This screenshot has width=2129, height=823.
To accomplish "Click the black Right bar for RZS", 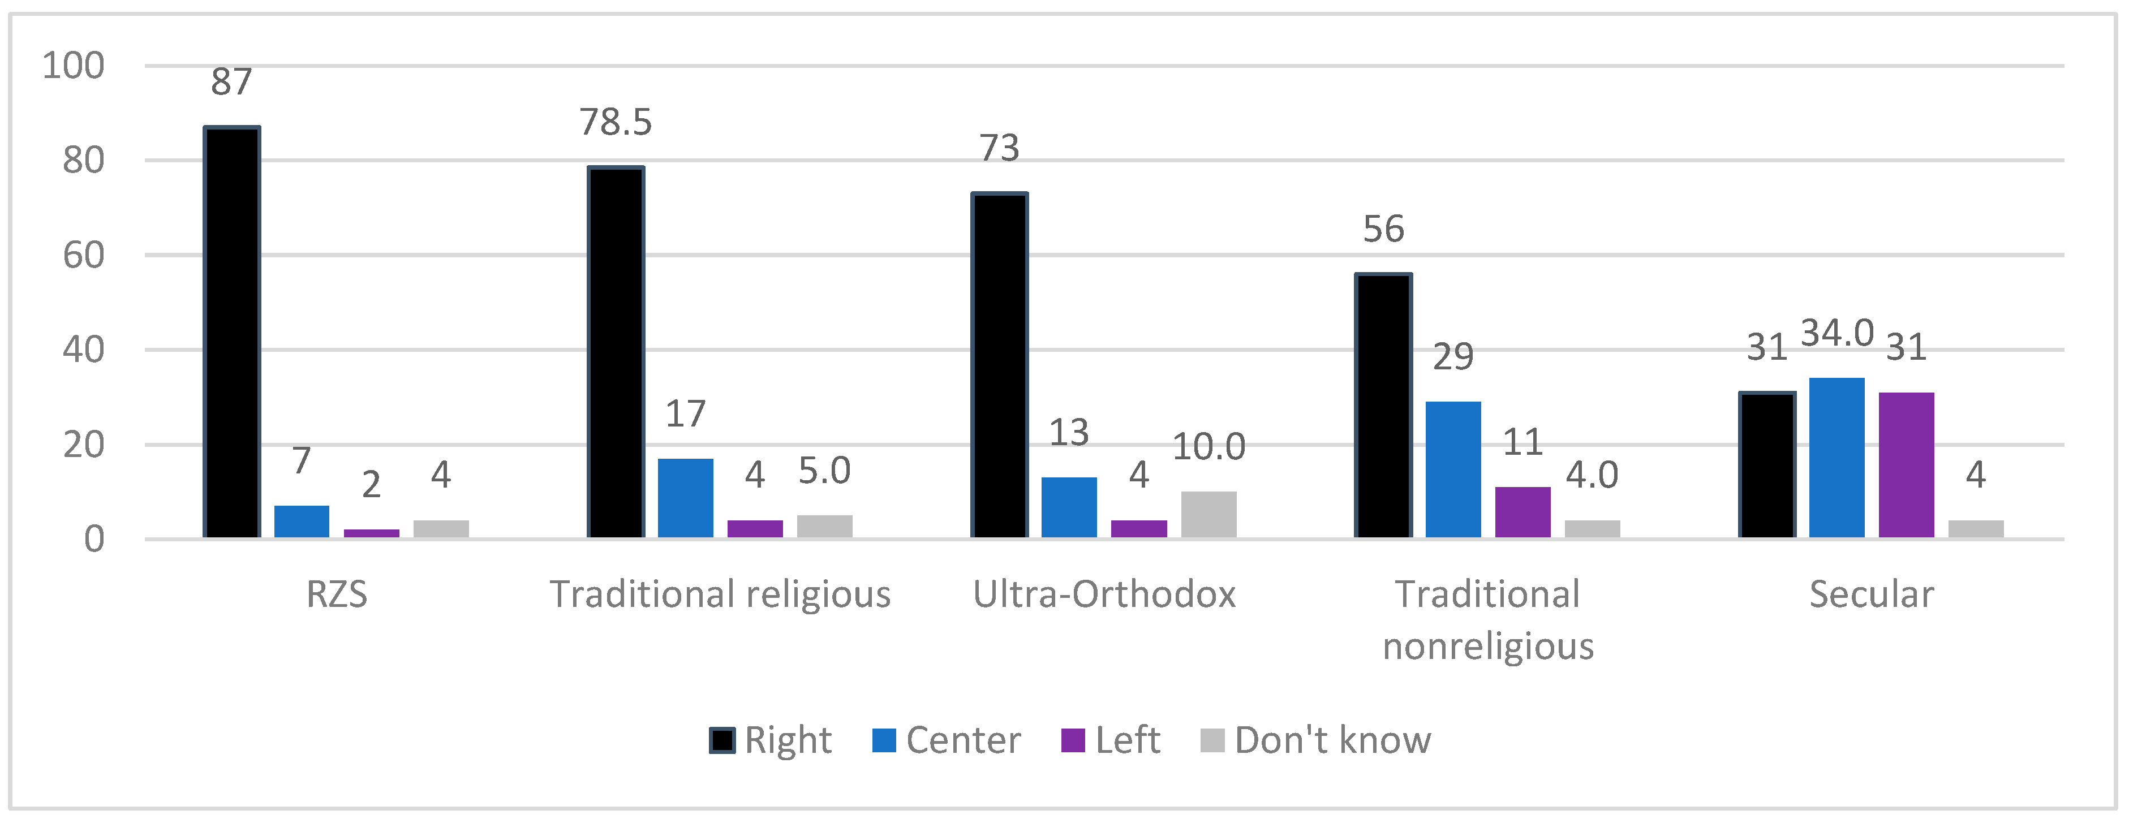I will pos(232,332).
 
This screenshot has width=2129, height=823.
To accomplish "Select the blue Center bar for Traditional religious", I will pos(685,498).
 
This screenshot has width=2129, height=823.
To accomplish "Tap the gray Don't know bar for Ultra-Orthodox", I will pos(1208,515).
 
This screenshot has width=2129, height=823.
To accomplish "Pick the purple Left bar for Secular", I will pos(1906,465).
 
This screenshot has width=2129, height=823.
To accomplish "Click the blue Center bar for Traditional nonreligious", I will pos(1453,470).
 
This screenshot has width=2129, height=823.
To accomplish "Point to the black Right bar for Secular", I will pos(1767,465).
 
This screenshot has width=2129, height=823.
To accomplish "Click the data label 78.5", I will pos(616,122).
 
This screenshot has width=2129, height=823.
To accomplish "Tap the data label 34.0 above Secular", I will pos(1836,334).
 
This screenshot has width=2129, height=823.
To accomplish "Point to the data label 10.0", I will pos(1208,447).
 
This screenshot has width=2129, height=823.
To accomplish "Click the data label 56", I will pos(1383,230).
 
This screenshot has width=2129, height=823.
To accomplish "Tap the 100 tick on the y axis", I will pos(74,66).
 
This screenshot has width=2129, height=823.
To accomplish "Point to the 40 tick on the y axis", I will pos(84,350).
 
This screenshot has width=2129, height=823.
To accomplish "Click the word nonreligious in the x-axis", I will pos(1487,646).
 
